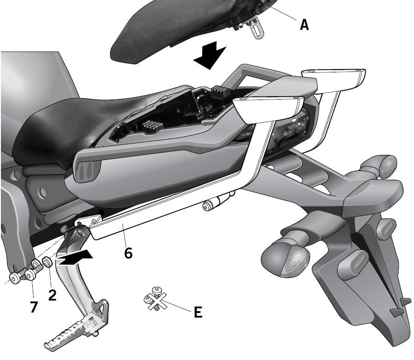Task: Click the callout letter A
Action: pyautogui.click(x=304, y=25)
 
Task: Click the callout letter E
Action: pyautogui.click(x=198, y=312)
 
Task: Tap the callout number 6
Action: pyautogui.click(x=128, y=253)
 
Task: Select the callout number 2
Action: pyautogui.click(x=52, y=295)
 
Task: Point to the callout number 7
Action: pyautogui.click(x=34, y=307)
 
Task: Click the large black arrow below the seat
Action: pyautogui.click(x=210, y=55)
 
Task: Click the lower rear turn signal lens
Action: pyautogui.click(x=294, y=261)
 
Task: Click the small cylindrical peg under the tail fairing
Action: pyautogui.click(x=215, y=203)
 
